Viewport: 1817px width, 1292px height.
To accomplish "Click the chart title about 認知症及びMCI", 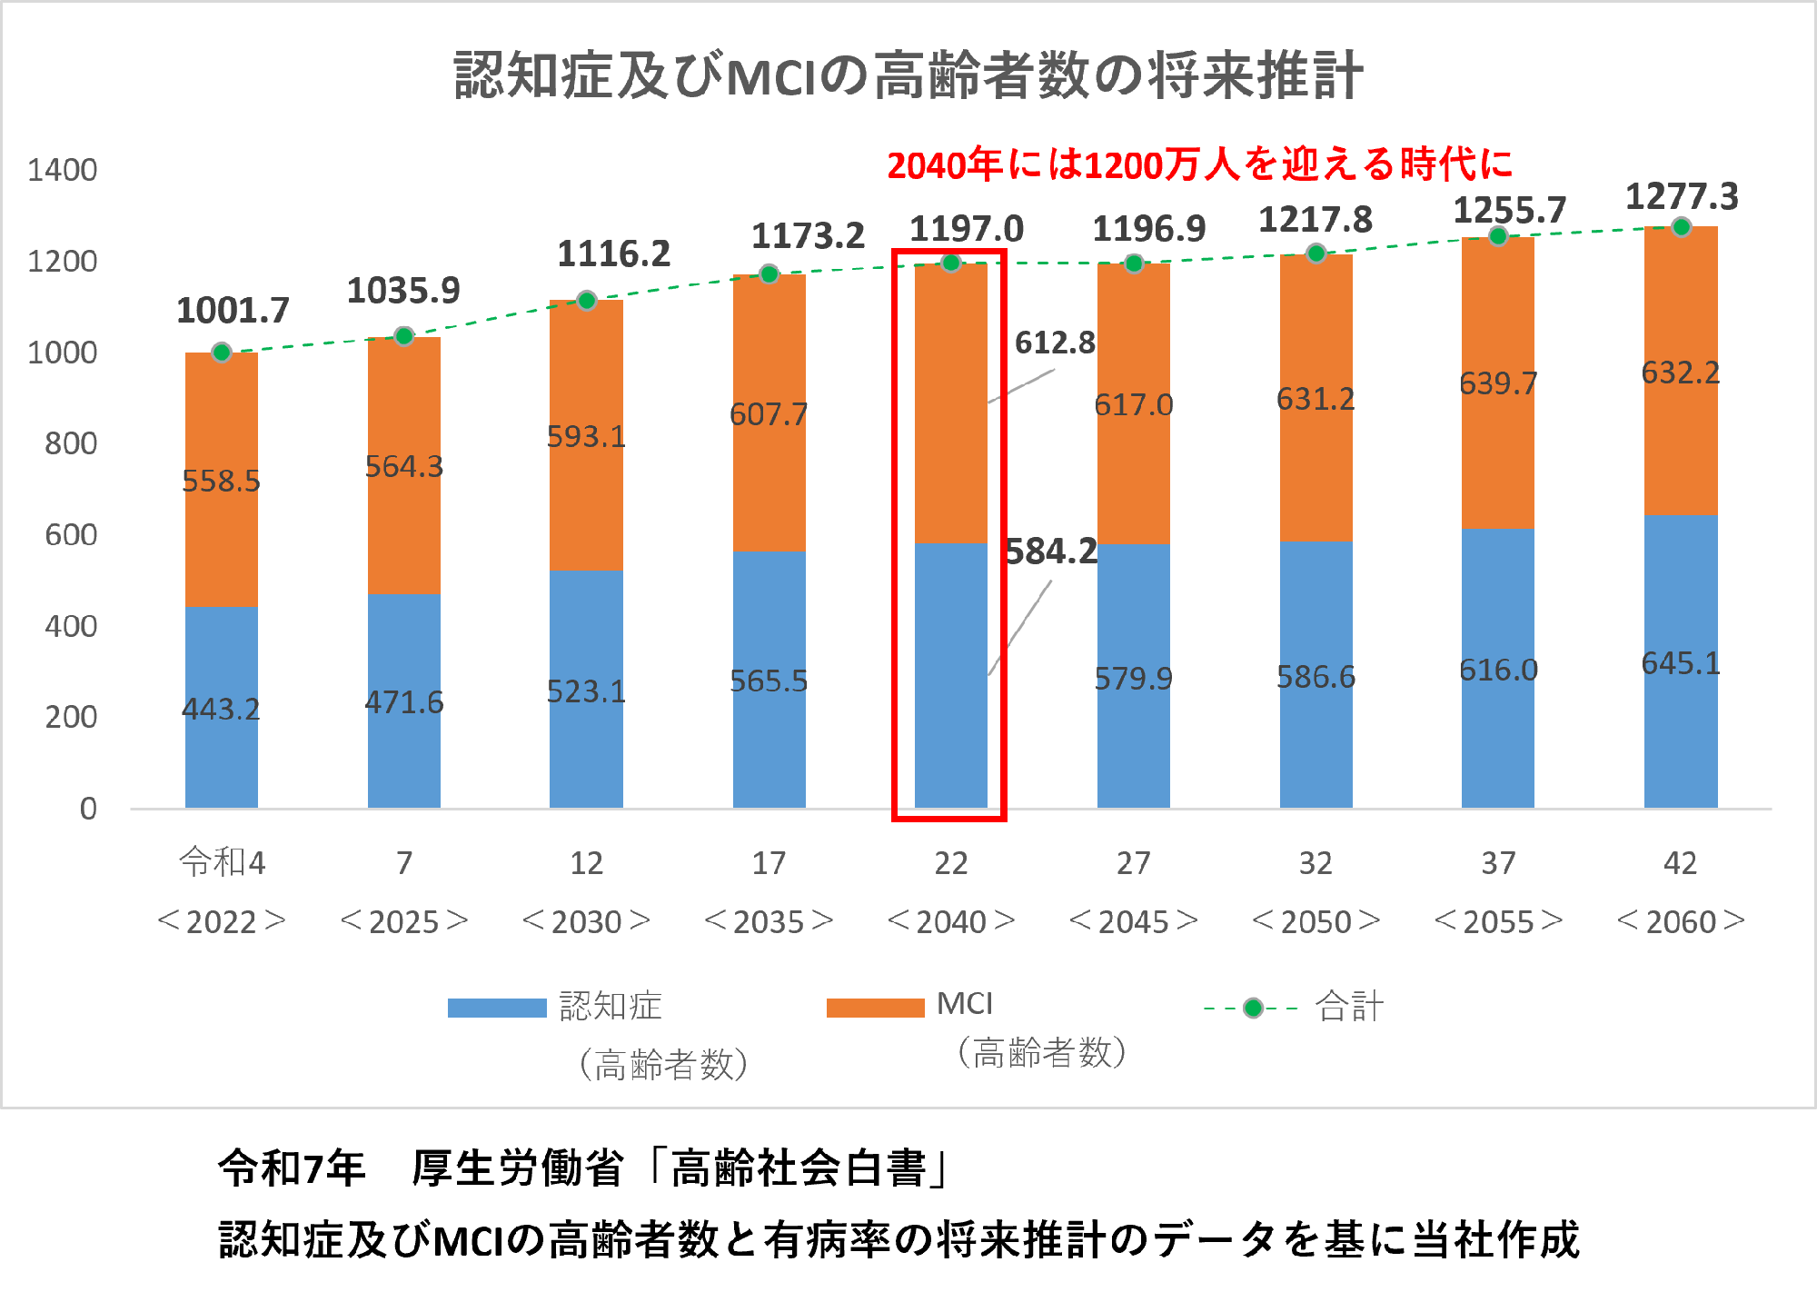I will pyautogui.click(x=908, y=75).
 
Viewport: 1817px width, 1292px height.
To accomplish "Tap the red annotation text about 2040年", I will pyautogui.click(x=1199, y=164).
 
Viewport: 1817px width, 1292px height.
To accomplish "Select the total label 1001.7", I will pyautogui.click(x=233, y=311).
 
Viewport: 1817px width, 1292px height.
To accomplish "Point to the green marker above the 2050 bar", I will pyautogui.click(x=1316, y=253).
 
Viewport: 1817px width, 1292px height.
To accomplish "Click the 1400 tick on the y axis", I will pyautogui.click(x=62, y=170).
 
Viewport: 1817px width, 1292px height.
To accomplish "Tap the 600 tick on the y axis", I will pyautogui.click(x=71, y=534).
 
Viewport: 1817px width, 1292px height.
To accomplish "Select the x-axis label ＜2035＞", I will pyautogui.click(x=769, y=921).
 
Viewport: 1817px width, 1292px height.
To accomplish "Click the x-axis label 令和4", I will pyautogui.click(x=222, y=861).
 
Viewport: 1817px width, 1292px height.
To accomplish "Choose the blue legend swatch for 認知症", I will pyautogui.click(x=496, y=1008).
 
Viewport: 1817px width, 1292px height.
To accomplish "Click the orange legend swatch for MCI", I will pyautogui.click(x=875, y=1008).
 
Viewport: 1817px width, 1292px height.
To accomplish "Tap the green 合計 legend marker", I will pyautogui.click(x=1253, y=1008).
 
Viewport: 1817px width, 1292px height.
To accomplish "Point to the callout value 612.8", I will pyautogui.click(x=1055, y=343).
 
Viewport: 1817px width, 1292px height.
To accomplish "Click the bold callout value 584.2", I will pyautogui.click(x=1051, y=552).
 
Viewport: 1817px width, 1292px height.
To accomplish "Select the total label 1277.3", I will pyautogui.click(x=1682, y=196).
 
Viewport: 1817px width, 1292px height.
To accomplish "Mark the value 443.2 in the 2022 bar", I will pyautogui.click(x=221, y=709).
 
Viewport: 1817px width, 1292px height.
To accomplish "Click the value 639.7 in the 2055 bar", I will pyautogui.click(x=1498, y=383).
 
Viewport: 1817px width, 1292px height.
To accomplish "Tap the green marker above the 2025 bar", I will pyautogui.click(x=404, y=336).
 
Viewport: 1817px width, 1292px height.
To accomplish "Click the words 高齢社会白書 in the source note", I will pyautogui.click(x=798, y=1168).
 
